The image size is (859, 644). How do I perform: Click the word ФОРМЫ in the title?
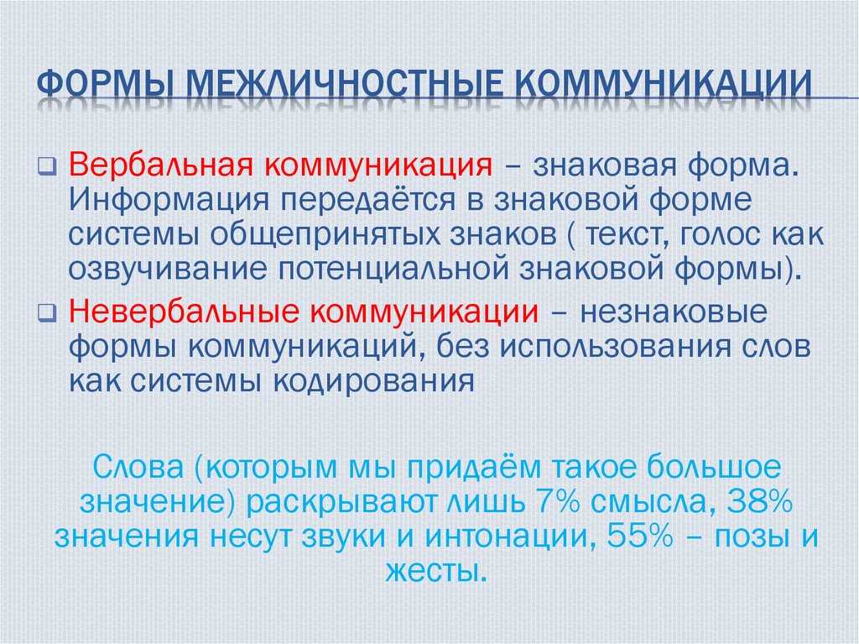click(105, 84)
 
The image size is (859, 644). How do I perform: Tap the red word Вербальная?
click(162, 165)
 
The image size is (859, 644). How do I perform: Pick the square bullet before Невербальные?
click(48, 313)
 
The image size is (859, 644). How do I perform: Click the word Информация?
click(169, 200)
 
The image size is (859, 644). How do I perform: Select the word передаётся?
click(368, 200)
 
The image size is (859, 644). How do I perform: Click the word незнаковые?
click(674, 312)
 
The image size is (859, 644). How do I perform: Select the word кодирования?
click(374, 381)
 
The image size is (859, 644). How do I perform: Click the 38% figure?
click(759, 501)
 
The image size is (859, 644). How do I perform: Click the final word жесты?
click(436, 571)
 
